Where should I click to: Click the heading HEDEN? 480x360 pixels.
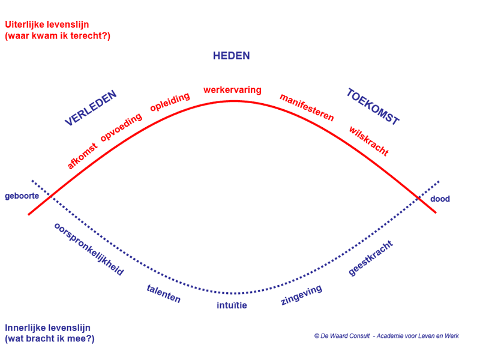tap(232, 56)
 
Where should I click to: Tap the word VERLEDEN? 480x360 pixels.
tap(91, 108)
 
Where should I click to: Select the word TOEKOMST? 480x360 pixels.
tap(373, 107)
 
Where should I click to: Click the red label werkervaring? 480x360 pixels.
tap(232, 90)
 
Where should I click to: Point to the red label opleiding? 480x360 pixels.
tap(170, 102)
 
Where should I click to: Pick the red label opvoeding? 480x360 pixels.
tap(121, 127)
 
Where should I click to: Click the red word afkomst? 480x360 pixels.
tap(82, 156)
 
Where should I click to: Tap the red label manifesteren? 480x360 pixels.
tap(307, 107)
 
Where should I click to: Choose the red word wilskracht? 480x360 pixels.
tap(369, 141)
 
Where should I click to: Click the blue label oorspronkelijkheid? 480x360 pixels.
tap(89, 249)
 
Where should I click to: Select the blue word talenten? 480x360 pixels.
tap(164, 293)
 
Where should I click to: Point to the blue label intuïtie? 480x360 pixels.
tap(232, 305)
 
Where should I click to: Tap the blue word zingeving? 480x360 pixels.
tap(301, 295)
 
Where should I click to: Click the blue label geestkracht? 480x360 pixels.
tap(371, 258)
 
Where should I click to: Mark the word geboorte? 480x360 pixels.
tap(22, 196)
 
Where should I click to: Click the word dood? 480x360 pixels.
tap(440, 199)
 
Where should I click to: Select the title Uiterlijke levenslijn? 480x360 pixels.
tap(47, 25)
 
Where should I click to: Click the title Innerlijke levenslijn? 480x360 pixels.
tap(48, 328)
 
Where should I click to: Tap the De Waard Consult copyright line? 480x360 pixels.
tap(386, 336)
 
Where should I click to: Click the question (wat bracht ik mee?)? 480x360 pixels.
tap(50, 339)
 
